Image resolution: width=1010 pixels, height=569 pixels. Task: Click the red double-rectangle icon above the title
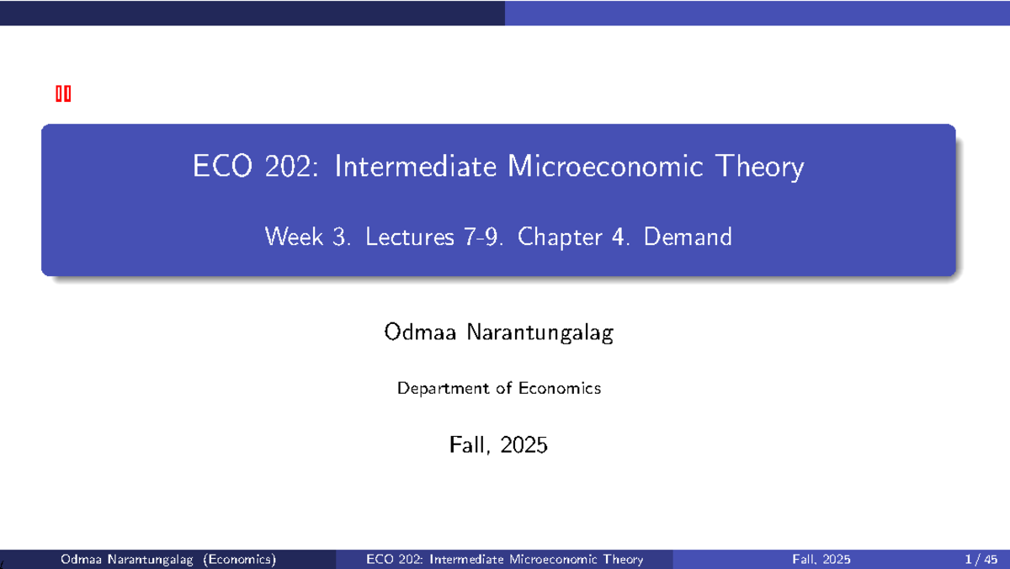tap(63, 94)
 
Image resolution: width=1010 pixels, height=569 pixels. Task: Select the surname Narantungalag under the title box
tap(535, 334)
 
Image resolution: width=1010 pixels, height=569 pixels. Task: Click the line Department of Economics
tap(499, 389)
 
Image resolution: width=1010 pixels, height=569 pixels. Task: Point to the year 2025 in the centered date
tap(523, 444)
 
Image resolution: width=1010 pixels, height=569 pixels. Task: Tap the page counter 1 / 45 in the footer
tap(981, 560)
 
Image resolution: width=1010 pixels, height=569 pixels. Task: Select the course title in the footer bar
tap(505, 560)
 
